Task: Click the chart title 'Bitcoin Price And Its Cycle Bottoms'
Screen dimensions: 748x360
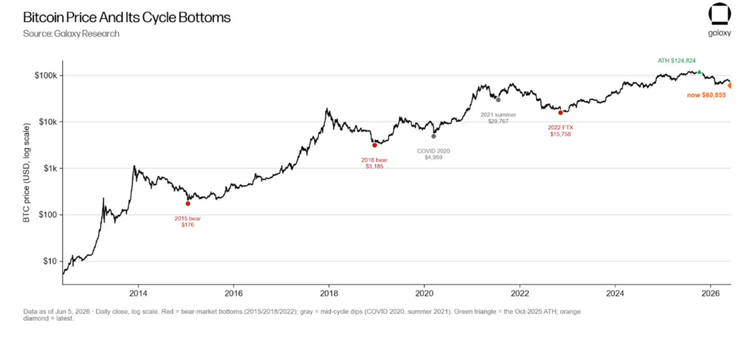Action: pyautogui.click(x=127, y=18)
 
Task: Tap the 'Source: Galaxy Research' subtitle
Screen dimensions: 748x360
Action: pyautogui.click(x=71, y=34)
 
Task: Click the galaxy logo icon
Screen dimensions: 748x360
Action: pyautogui.click(x=719, y=15)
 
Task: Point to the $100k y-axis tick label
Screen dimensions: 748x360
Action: pyautogui.click(x=47, y=76)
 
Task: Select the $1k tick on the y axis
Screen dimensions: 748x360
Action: pyautogui.click(x=50, y=169)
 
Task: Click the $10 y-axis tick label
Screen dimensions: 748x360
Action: pyautogui.click(x=50, y=261)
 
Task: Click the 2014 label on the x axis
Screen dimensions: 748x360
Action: pyautogui.click(x=137, y=292)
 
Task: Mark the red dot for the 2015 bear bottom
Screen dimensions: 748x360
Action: pyautogui.click(x=188, y=204)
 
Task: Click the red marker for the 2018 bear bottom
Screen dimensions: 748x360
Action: pyautogui.click(x=375, y=145)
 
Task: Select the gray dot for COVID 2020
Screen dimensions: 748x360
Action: pyautogui.click(x=434, y=137)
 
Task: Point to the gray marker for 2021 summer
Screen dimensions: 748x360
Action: pyautogui.click(x=498, y=99)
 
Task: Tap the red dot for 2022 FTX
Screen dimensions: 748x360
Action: pyautogui.click(x=560, y=112)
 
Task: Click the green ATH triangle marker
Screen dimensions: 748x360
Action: pyautogui.click(x=699, y=72)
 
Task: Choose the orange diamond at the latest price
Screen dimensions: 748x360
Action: pyautogui.click(x=730, y=86)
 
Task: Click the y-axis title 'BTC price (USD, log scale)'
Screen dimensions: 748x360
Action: pyautogui.click(x=28, y=172)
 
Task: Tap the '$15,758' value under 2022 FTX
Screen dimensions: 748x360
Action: pyautogui.click(x=560, y=134)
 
